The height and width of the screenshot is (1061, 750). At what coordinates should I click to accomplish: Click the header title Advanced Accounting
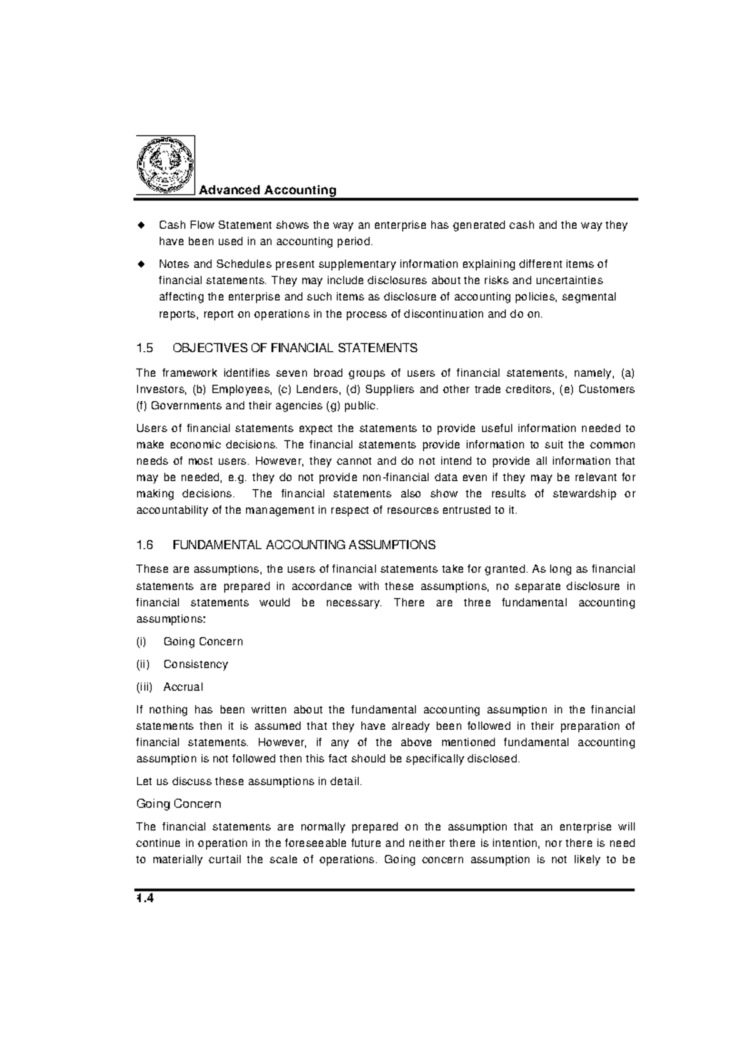(267, 190)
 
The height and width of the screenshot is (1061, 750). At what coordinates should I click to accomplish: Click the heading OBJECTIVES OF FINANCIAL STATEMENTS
(294, 347)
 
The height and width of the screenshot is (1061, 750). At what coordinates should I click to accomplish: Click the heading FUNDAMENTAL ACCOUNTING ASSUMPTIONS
(304, 545)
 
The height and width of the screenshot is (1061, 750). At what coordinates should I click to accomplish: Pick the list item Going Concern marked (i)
(203, 642)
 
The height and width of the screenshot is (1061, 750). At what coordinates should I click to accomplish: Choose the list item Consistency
(196, 664)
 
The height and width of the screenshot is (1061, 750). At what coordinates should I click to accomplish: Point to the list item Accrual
(183, 687)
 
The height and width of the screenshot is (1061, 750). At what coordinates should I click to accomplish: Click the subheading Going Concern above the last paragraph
(179, 804)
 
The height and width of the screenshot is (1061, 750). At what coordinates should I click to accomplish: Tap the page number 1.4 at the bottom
(144, 899)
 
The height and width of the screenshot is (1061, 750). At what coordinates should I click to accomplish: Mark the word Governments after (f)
(181, 406)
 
